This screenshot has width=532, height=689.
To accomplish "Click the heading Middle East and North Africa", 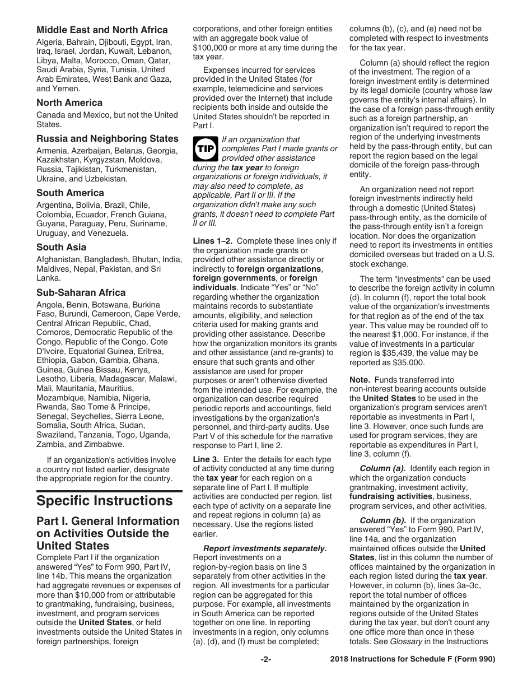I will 102,30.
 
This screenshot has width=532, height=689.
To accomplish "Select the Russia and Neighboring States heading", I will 108,138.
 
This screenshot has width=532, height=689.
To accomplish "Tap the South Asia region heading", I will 62,247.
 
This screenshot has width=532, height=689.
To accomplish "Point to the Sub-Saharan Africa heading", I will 81,292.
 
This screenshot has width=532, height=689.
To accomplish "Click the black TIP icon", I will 202,148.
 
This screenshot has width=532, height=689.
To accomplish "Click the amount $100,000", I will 212,48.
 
